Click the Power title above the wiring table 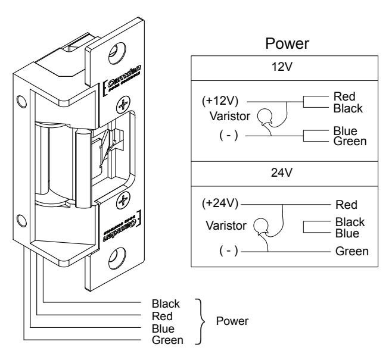click(x=287, y=43)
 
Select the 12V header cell click(x=285, y=68)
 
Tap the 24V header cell click(x=285, y=174)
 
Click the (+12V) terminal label click(x=220, y=101)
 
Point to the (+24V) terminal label click(x=220, y=204)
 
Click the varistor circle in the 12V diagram click(x=265, y=117)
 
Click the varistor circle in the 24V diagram click(x=261, y=226)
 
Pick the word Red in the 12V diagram click(x=344, y=96)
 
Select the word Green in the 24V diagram click(x=352, y=251)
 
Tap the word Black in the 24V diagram click(x=350, y=222)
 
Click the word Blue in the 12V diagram click(x=346, y=131)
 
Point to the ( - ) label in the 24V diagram click(x=229, y=251)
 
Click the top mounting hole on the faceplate click(x=117, y=53)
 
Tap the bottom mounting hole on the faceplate click(x=117, y=258)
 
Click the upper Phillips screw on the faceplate click(x=123, y=104)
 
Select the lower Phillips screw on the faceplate click(x=123, y=200)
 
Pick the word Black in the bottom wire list click(x=166, y=304)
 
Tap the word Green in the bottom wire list click(x=167, y=340)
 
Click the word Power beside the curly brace click(x=232, y=321)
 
